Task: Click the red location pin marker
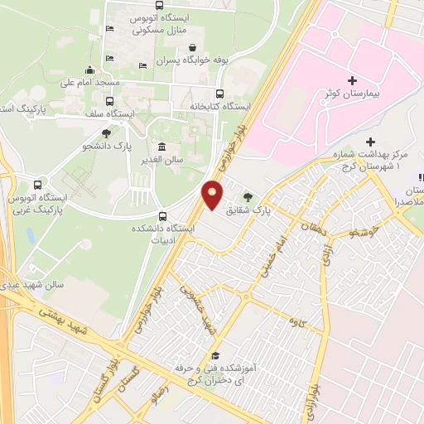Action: tap(213, 195)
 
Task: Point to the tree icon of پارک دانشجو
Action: tap(106, 132)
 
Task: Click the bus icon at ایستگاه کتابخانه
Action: tap(219, 94)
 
